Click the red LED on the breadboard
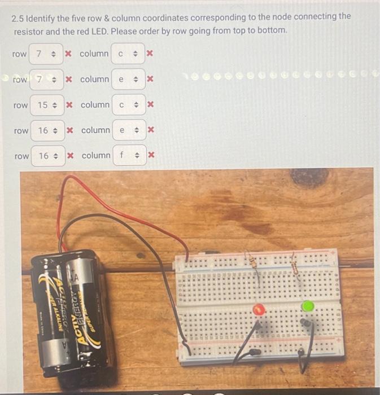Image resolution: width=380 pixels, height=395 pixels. pyautogui.click(x=259, y=309)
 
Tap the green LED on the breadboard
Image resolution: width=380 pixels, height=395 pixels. pyautogui.click(x=308, y=306)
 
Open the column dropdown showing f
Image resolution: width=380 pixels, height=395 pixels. pyautogui.click(x=129, y=155)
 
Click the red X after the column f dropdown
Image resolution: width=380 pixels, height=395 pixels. pyautogui.click(x=151, y=155)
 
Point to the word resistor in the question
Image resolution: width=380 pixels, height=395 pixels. pyautogui.click(x=31, y=29)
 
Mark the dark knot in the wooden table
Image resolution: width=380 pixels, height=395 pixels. pyautogui.click(x=309, y=178)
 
